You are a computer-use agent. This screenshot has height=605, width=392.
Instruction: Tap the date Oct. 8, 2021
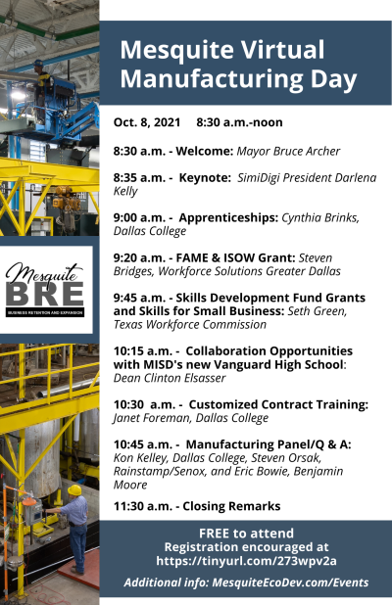point(147,122)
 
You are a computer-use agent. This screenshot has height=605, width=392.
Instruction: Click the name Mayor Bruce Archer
point(288,151)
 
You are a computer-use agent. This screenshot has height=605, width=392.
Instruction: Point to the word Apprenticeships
point(228,217)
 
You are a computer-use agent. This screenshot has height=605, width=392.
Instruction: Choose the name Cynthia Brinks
point(320,218)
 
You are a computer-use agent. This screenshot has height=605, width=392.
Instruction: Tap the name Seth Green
point(318,311)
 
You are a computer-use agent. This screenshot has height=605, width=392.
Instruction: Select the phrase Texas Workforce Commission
point(190,324)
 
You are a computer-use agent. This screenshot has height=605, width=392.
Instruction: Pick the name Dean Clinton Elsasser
point(170,378)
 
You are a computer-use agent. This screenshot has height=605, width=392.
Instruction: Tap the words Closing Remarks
point(231,506)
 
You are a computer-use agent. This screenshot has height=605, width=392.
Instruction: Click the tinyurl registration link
point(246,561)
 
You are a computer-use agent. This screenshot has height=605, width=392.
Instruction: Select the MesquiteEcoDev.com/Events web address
point(290,582)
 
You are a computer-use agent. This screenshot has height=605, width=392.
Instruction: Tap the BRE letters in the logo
point(45,294)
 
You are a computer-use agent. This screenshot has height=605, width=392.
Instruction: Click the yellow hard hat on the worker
point(74,490)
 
